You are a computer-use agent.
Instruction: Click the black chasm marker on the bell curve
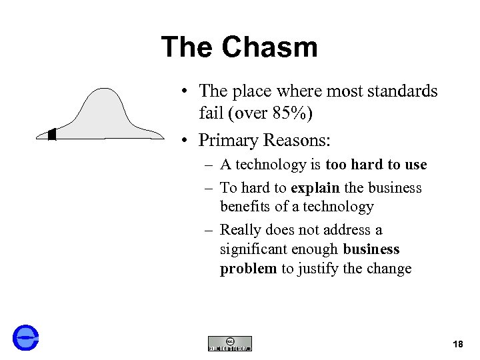tap(52, 135)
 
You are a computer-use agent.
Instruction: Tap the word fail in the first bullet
tap(211, 114)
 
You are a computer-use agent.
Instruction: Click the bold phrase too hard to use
tap(376, 165)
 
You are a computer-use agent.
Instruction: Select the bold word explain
tap(315, 188)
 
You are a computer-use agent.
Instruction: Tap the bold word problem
tap(248, 269)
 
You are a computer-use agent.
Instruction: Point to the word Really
tap(239, 230)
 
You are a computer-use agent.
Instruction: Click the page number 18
tap(457, 344)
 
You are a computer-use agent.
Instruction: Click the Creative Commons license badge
tap(230, 343)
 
